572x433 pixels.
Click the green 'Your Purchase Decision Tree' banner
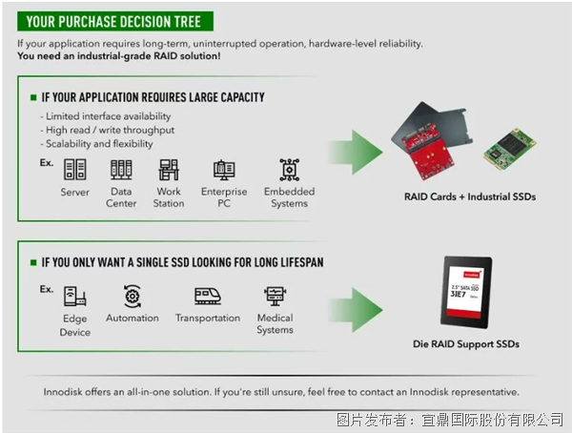pyautogui.click(x=115, y=22)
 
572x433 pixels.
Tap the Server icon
pyautogui.click(x=74, y=170)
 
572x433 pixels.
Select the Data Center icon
pyautogui.click(x=121, y=170)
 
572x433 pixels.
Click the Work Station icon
pyautogui.click(x=169, y=170)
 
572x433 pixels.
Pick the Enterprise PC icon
pyautogui.click(x=224, y=170)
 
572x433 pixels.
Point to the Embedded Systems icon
pyautogui.click(x=289, y=170)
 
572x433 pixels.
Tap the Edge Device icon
pyautogui.click(x=74, y=296)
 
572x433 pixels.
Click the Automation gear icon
pyautogui.click(x=133, y=296)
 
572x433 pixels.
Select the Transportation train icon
pyautogui.click(x=208, y=296)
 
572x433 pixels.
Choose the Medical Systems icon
pyautogui.click(x=276, y=296)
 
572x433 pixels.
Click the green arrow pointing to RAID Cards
pyautogui.click(x=356, y=152)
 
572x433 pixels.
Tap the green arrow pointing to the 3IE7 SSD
pyautogui.click(x=356, y=310)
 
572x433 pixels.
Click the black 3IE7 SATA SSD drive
pyautogui.click(x=466, y=293)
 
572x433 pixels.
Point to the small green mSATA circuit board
pyautogui.click(x=510, y=149)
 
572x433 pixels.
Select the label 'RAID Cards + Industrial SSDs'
pyautogui.click(x=470, y=196)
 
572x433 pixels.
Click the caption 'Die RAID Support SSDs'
pyautogui.click(x=466, y=344)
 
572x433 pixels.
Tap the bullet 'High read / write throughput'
pyautogui.click(x=107, y=130)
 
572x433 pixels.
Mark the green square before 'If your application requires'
pyautogui.click(x=33, y=97)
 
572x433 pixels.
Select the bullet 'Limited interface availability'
pyautogui.click(x=106, y=116)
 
